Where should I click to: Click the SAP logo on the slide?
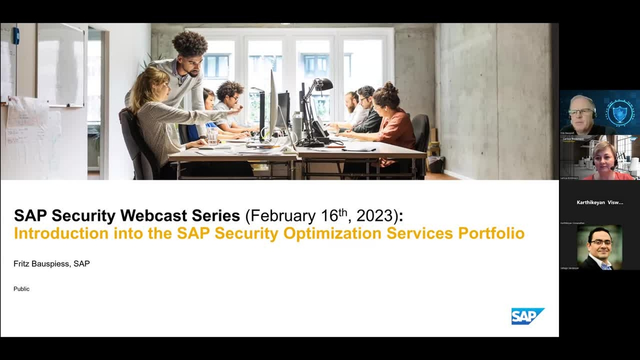(x=527, y=316)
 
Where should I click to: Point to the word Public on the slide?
(x=22, y=289)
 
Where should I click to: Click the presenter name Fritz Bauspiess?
(x=44, y=264)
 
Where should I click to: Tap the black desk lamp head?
(x=324, y=84)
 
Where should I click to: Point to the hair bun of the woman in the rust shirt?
(x=390, y=86)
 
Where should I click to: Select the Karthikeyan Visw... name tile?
(x=599, y=203)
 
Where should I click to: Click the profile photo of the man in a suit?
(x=599, y=247)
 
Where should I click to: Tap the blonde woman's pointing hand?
(x=235, y=110)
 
